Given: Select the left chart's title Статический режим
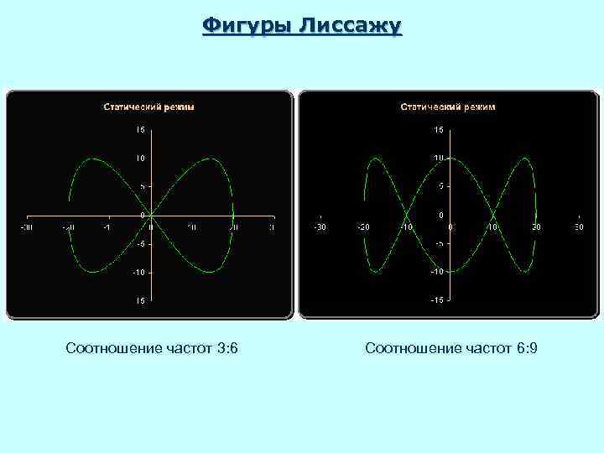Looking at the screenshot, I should pyautogui.click(x=148, y=107).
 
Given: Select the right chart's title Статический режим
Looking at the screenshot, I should pyautogui.click(x=448, y=107).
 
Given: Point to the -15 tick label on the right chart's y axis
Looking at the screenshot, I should pyautogui.click(x=437, y=300).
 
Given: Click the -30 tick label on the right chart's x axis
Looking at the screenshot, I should pyautogui.click(x=320, y=226).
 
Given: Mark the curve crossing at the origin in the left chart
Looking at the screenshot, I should pyautogui.click(x=150, y=215).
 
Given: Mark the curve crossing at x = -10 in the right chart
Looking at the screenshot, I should pyautogui.click(x=407, y=215).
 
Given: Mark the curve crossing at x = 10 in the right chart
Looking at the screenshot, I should pyautogui.click(x=493, y=215).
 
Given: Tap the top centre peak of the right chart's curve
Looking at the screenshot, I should pyautogui.click(x=450, y=158).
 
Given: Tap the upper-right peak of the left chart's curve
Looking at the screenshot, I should pyautogui.click(x=213, y=158).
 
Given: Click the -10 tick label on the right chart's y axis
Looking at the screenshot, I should pyautogui.click(x=437, y=272).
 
